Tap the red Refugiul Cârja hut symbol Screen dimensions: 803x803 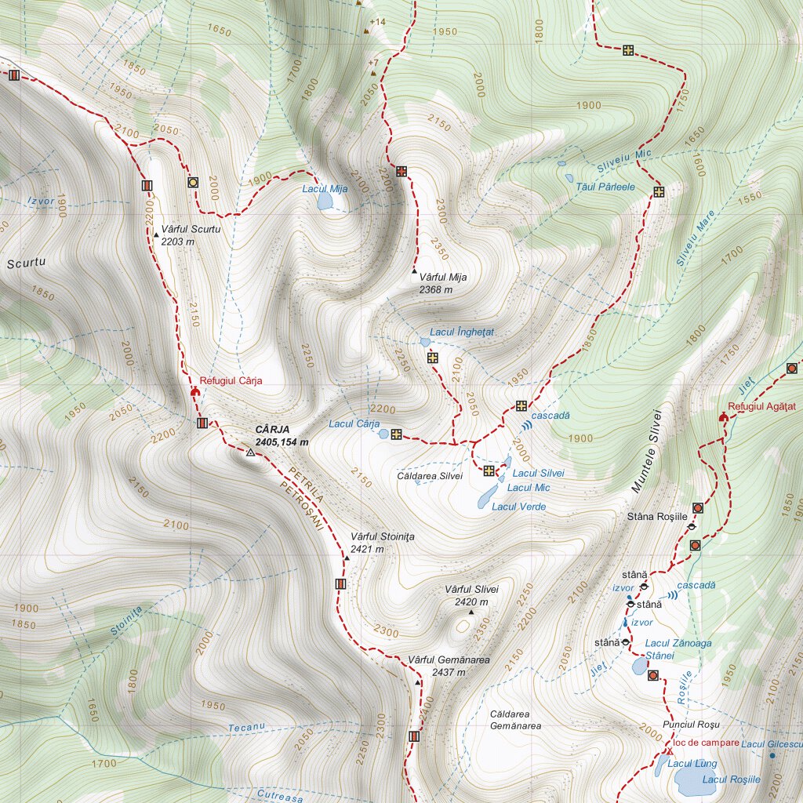[194, 390]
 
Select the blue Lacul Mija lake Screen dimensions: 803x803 [324, 202]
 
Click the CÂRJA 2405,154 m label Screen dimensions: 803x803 [282, 436]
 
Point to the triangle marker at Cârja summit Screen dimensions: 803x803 [250, 452]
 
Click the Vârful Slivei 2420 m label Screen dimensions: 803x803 [471, 595]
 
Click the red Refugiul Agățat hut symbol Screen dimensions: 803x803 [723, 416]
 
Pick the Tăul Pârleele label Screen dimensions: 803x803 [605, 187]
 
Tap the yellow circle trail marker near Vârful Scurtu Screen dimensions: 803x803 [193, 183]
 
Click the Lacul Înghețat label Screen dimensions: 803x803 [461, 332]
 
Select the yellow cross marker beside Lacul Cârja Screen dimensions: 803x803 [396, 434]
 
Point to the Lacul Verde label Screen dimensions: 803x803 [518, 507]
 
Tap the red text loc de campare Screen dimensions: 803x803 [706, 743]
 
